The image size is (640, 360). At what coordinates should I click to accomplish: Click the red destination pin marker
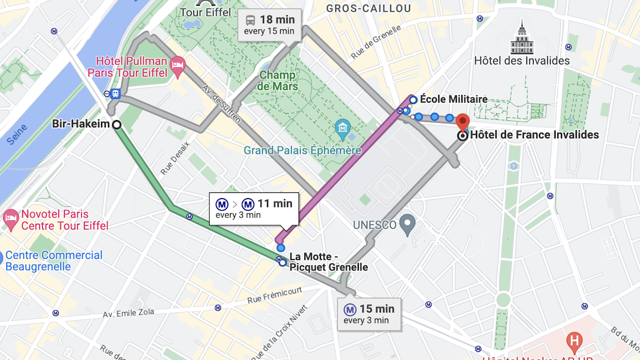[x=462, y=122]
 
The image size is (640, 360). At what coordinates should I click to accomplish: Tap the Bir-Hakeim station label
[x=81, y=124]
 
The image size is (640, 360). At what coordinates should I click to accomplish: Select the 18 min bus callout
[x=270, y=25]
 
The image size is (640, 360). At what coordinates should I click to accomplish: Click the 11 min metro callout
[x=254, y=209]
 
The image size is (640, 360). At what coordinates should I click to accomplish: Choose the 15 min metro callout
[x=369, y=314]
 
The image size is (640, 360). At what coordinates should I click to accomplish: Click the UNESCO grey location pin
[x=407, y=225]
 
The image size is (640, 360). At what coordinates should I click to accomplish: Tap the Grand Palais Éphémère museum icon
[x=343, y=127]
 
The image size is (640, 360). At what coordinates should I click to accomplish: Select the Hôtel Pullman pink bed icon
[x=178, y=67]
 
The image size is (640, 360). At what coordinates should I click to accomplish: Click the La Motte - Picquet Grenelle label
[x=328, y=262]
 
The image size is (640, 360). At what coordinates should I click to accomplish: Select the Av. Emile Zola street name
[x=128, y=312]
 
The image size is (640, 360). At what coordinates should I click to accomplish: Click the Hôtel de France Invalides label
[x=534, y=135]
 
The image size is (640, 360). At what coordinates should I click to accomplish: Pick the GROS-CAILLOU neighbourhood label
[x=368, y=9]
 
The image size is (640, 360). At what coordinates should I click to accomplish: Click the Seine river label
[x=19, y=132]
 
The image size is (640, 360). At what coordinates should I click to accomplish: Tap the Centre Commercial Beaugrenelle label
[x=53, y=260]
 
